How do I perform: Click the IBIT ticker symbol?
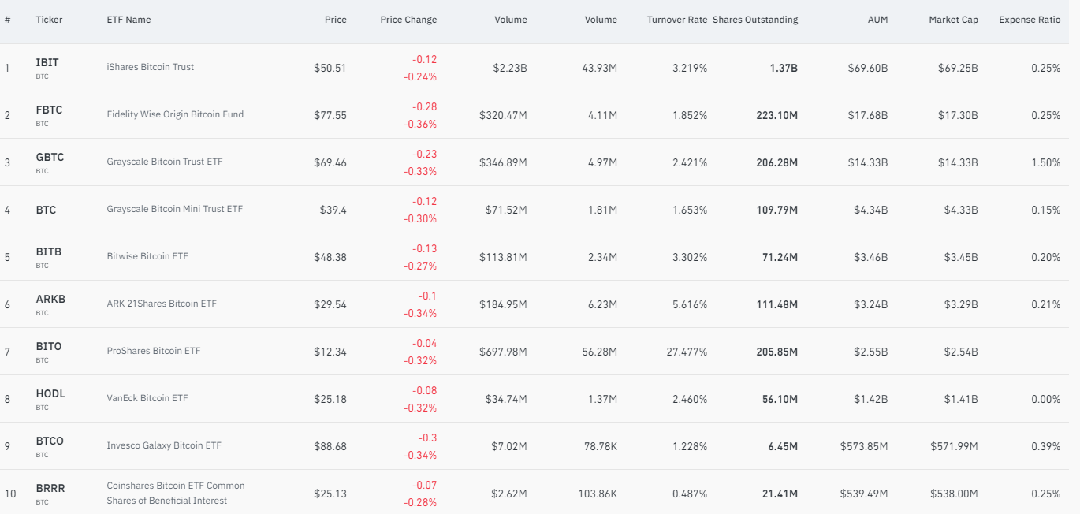click(x=47, y=62)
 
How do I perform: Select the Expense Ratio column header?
click(x=1030, y=20)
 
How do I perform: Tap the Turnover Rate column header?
click(x=676, y=20)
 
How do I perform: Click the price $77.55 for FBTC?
click(x=330, y=115)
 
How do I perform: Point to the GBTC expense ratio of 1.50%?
click(x=1045, y=162)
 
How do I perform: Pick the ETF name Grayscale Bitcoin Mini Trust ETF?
click(x=175, y=209)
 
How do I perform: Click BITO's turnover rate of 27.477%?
click(x=687, y=352)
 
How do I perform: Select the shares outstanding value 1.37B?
click(x=784, y=68)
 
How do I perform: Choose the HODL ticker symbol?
click(x=50, y=393)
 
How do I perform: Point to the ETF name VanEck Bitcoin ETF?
click(x=147, y=398)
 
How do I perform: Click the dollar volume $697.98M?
click(x=503, y=352)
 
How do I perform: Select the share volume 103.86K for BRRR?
click(x=598, y=494)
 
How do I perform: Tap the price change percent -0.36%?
click(x=420, y=124)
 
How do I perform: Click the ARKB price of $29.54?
click(x=330, y=304)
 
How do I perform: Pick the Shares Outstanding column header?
click(x=755, y=20)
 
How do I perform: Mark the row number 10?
click(x=10, y=494)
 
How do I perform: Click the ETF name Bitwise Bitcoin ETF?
click(x=147, y=256)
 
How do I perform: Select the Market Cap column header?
click(x=953, y=20)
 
